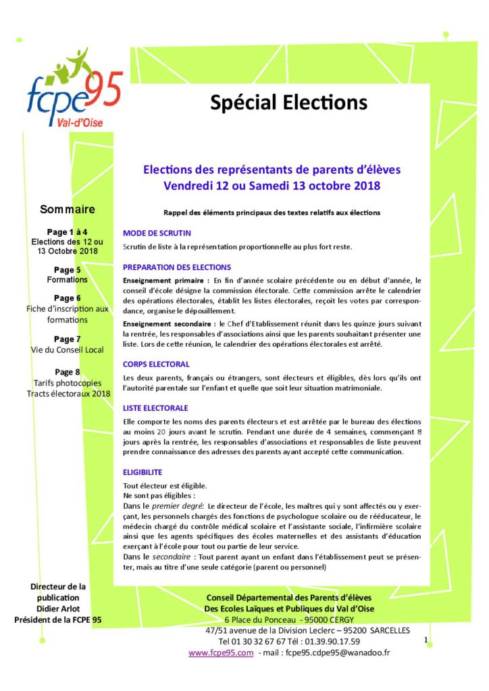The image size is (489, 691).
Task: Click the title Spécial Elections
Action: tap(288, 102)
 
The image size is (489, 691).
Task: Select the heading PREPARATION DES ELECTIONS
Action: tap(177, 267)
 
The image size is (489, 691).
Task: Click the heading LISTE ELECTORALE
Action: tap(155, 408)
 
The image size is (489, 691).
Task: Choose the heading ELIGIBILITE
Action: tap(143, 472)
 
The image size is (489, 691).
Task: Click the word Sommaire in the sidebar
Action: tap(68, 209)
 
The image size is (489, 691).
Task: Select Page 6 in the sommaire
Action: tap(68, 298)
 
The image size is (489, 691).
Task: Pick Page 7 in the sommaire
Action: tap(68, 339)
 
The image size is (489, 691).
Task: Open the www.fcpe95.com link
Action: tap(221, 653)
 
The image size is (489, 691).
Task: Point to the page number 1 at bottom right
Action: tap(427, 638)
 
